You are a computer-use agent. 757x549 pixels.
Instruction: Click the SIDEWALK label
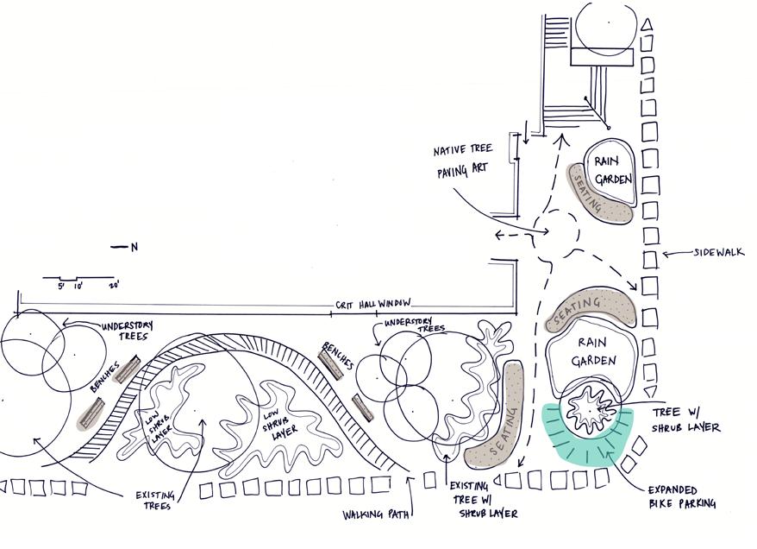pos(719,252)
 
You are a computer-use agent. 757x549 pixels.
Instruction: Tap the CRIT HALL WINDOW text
pos(373,304)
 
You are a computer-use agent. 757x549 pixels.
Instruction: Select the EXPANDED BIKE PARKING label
pos(682,497)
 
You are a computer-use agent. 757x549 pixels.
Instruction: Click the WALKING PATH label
pos(376,514)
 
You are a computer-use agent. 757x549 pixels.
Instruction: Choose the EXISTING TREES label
pos(154,501)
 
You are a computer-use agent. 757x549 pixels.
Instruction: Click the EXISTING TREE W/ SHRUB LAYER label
pos(483,500)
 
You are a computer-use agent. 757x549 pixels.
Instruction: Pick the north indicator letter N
pos(135,247)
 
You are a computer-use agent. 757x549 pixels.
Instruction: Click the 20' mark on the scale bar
pos(114,285)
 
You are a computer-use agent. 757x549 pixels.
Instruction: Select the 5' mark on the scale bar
pos(61,286)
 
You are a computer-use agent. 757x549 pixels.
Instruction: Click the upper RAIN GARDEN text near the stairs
pos(612,170)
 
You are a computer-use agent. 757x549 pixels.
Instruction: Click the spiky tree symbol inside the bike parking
pos(590,410)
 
